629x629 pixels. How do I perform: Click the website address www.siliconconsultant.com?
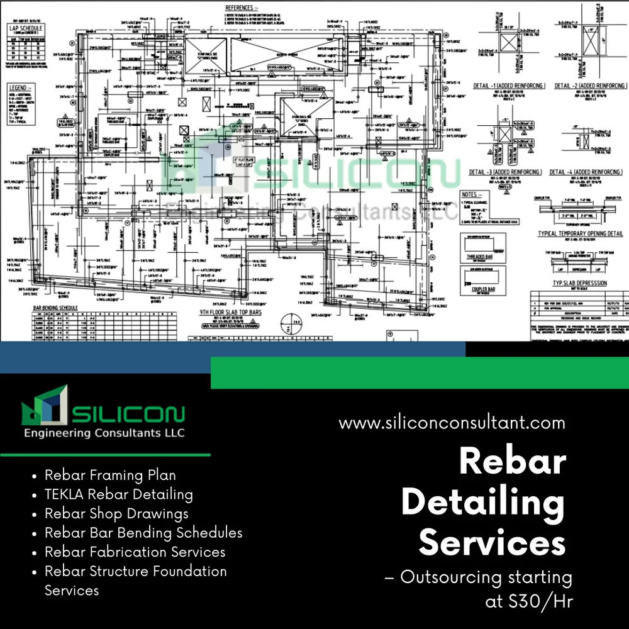click(x=452, y=423)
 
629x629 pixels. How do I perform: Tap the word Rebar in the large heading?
click(x=512, y=462)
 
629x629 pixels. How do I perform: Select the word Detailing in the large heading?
click(x=482, y=503)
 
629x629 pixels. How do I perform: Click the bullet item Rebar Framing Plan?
click(x=110, y=476)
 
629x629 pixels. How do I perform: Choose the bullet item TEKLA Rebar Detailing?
click(x=118, y=494)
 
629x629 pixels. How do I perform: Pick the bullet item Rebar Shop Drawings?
click(x=116, y=513)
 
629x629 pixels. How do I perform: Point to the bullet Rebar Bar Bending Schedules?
click(x=143, y=533)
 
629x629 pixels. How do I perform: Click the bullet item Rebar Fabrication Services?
click(x=135, y=552)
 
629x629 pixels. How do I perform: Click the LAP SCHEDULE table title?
click(x=25, y=29)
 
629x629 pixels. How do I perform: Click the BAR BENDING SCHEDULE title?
click(x=55, y=308)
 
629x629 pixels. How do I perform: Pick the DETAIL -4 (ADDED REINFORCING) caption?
click(x=586, y=172)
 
